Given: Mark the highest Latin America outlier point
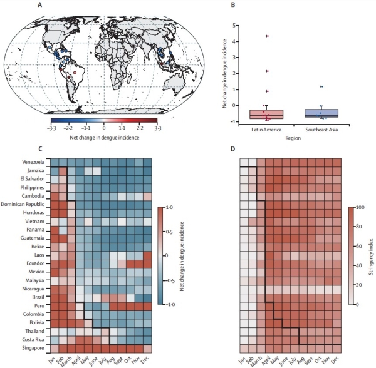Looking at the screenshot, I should pos(267,36).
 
